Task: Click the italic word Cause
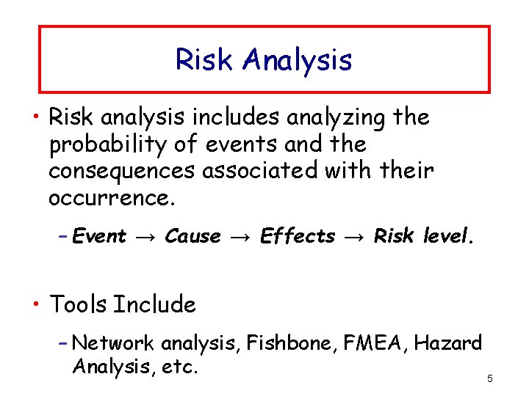click(x=192, y=236)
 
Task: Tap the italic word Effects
click(x=298, y=236)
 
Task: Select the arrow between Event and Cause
click(x=145, y=237)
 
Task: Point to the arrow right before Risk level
click(x=354, y=237)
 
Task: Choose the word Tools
click(x=79, y=304)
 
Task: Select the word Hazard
click(x=453, y=342)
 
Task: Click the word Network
click(x=114, y=342)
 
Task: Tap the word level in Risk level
click(x=450, y=236)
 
